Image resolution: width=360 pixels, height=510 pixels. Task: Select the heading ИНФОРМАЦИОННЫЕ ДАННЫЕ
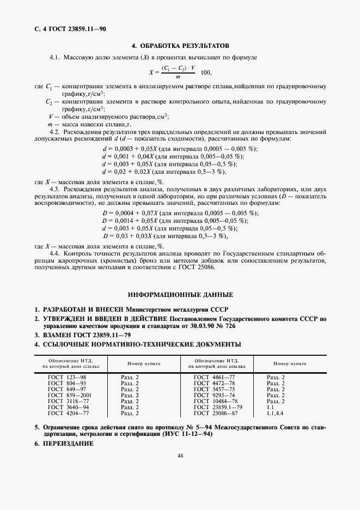click(x=180, y=294)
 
